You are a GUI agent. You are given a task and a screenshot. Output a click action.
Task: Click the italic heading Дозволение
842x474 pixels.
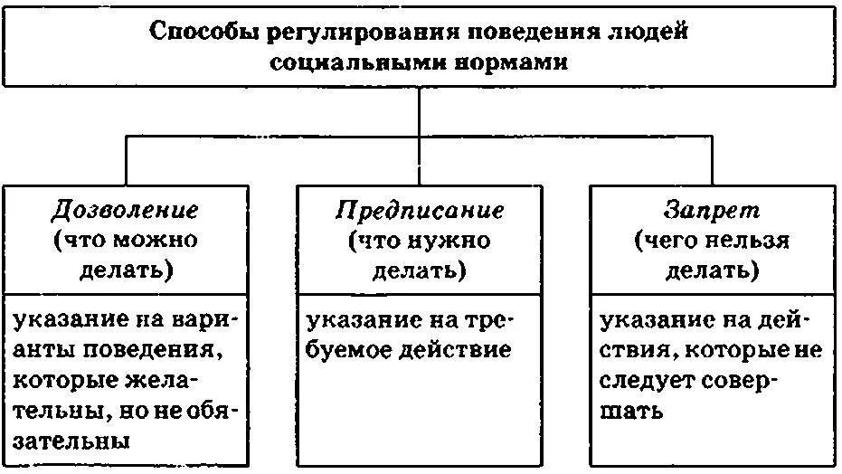[125, 211]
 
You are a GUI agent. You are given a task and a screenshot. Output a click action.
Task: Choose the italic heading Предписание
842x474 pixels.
[420, 211]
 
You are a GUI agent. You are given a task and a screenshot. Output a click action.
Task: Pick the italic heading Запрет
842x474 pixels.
[713, 211]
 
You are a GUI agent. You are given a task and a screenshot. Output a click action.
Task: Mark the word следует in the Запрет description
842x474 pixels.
[646, 381]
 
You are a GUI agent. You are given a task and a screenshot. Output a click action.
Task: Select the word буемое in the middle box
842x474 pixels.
[352, 350]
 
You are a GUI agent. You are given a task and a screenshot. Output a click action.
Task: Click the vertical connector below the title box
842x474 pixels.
[420, 113]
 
